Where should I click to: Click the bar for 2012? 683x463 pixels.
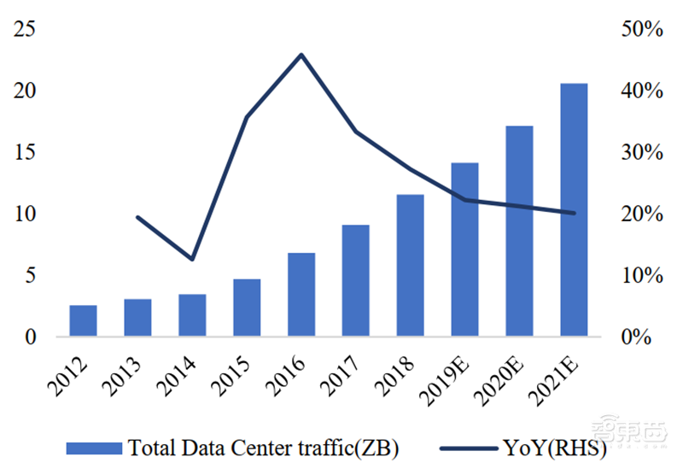[83, 320]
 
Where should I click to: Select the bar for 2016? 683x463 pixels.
[301, 295]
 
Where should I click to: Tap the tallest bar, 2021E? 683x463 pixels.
[574, 209]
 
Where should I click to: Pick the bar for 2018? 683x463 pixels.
[411, 266]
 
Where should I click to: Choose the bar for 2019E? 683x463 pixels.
[465, 249]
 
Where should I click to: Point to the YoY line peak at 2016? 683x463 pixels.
[301, 55]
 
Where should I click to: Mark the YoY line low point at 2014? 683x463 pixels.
[193, 259]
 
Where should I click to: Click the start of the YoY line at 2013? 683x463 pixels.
[137, 217]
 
